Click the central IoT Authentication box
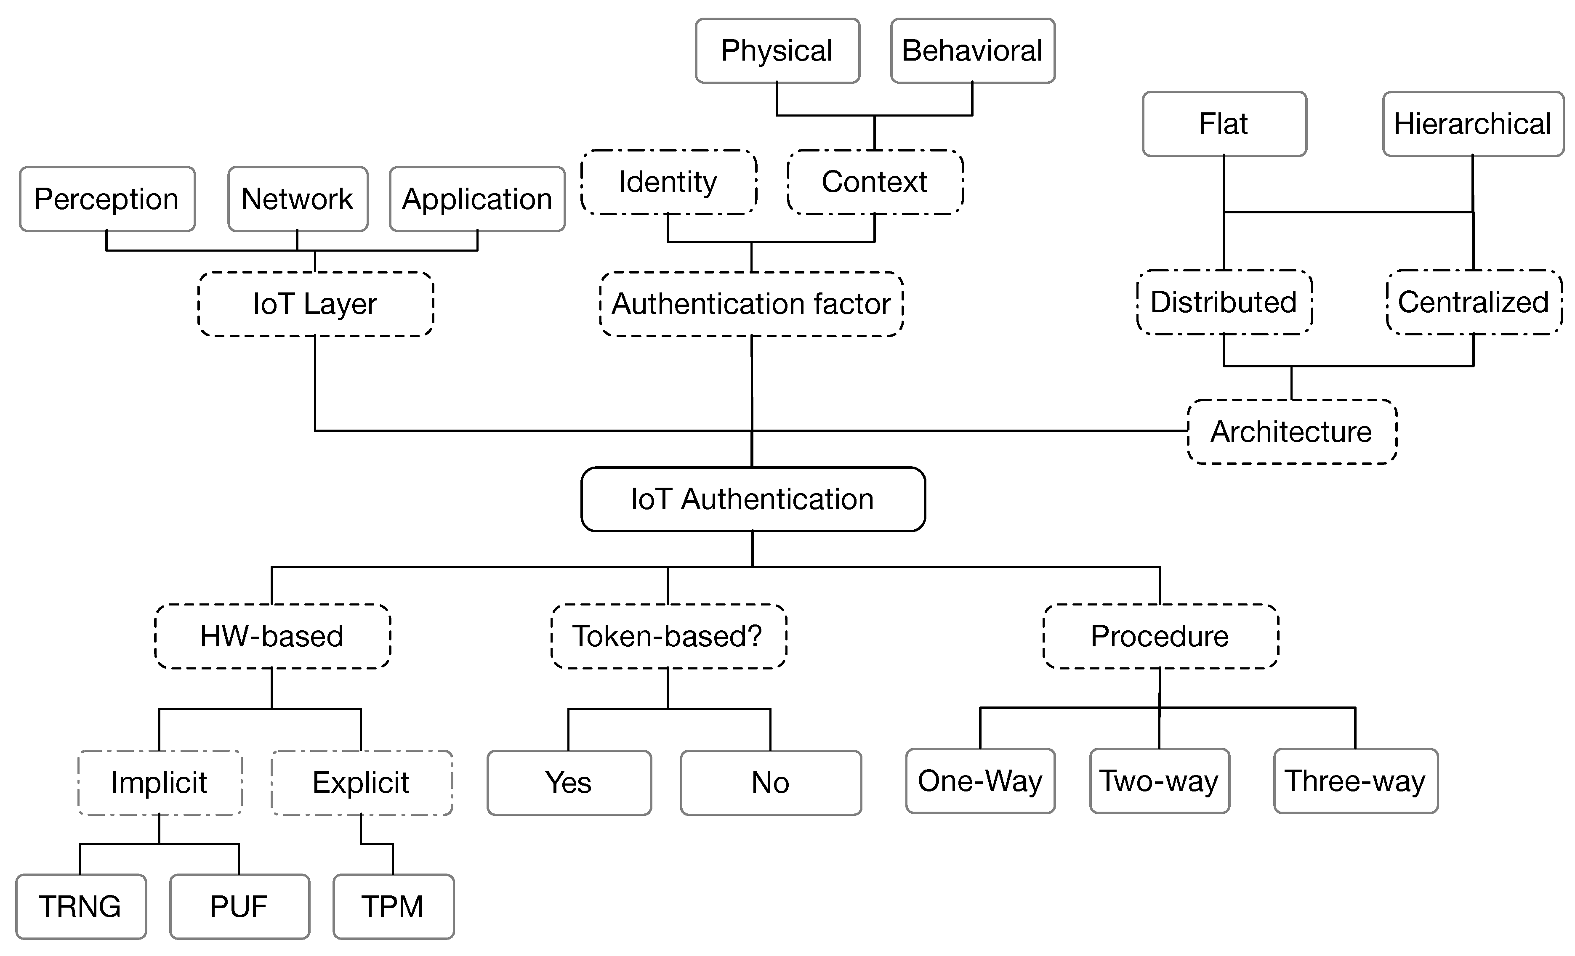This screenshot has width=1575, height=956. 752,499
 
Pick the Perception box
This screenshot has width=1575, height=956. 107,199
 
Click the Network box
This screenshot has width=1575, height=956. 297,199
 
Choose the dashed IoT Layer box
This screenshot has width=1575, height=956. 315,304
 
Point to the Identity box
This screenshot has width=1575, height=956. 668,182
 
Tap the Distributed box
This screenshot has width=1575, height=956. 1224,302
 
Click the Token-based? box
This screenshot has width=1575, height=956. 668,637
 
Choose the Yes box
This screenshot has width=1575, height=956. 568,783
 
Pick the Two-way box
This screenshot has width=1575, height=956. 1159,781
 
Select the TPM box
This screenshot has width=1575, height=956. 392,907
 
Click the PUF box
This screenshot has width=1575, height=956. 239,907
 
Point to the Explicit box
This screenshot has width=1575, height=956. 361,783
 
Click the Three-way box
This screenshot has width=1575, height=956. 1355,781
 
